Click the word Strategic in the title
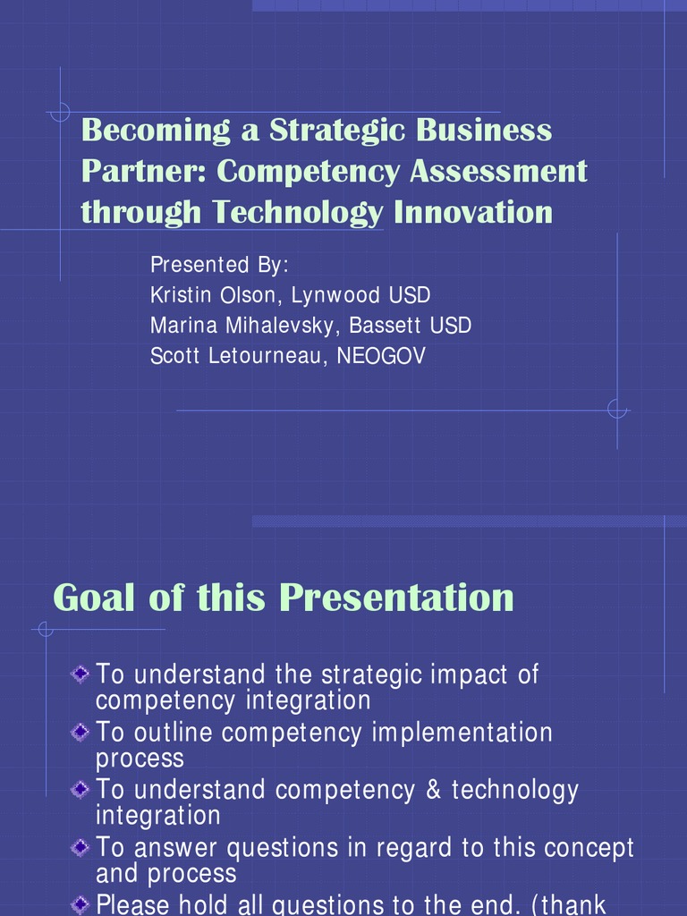pyautogui.click(x=337, y=131)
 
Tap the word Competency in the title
pyautogui.click(x=308, y=172)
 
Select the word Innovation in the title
pyautogui.click(x=472, y=211)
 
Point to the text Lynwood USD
pyautogui.click(x=360, y=295)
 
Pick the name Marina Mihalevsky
pyautogui.click(x=242, y=326)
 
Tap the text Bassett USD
pyautogui.click(x=410, y=326)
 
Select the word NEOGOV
pyautogui.click(x=381, y=356)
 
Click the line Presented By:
pyautogui.click(x=219, y=265)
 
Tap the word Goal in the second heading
pyautogui.click(x=93, y=598)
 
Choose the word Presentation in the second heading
pyautogui.click(x=396, y=598)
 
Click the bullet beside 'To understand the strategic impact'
pyautogui.click(x=80, y=674)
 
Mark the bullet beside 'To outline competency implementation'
pyautogui.click(x=80, y=732)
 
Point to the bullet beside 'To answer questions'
pyautogui.click(x=80, y=847)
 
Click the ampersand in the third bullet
pyautogui.click(x=434, y=790)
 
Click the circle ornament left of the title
pyautogui.click(x=60, y=112)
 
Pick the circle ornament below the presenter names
pyautogui.click(x=617, y=409)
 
